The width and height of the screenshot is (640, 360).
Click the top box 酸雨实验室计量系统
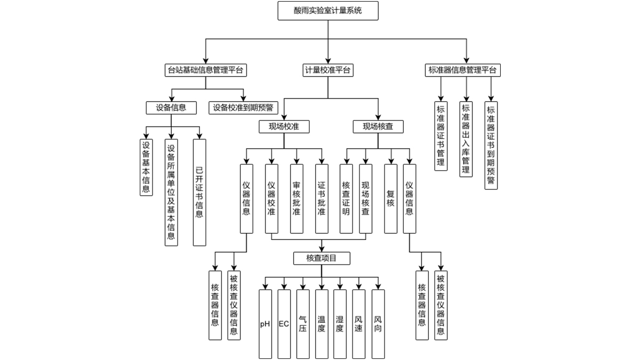pos(327,11)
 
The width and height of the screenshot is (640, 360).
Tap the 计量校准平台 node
pos(327,70)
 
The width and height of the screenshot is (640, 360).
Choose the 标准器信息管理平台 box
pos(464,70)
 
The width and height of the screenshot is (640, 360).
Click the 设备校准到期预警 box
pos(243,108)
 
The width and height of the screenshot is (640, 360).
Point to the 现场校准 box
pos(284,126)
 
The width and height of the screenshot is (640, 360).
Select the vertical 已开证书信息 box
pos(199,192)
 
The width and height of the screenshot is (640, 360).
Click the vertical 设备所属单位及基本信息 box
pos(171,192)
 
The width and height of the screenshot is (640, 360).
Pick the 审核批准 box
pos(297,198)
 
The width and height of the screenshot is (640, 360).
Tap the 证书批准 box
pos(322,198)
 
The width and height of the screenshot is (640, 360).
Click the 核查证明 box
pos(346,198)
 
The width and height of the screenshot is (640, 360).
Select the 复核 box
pos(390,198)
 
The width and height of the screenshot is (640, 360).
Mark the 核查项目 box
pos(322,259)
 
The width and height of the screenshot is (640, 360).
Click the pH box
pos(265,324)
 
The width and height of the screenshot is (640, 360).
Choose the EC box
pos(284,324)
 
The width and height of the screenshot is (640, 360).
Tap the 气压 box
pos(302,324)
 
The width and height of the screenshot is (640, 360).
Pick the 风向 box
pos(378,324)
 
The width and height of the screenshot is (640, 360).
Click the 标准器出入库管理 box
pos(466,137)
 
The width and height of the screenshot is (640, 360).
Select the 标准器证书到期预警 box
pos(491,144)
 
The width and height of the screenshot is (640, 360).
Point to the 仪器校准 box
pos(271,198)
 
